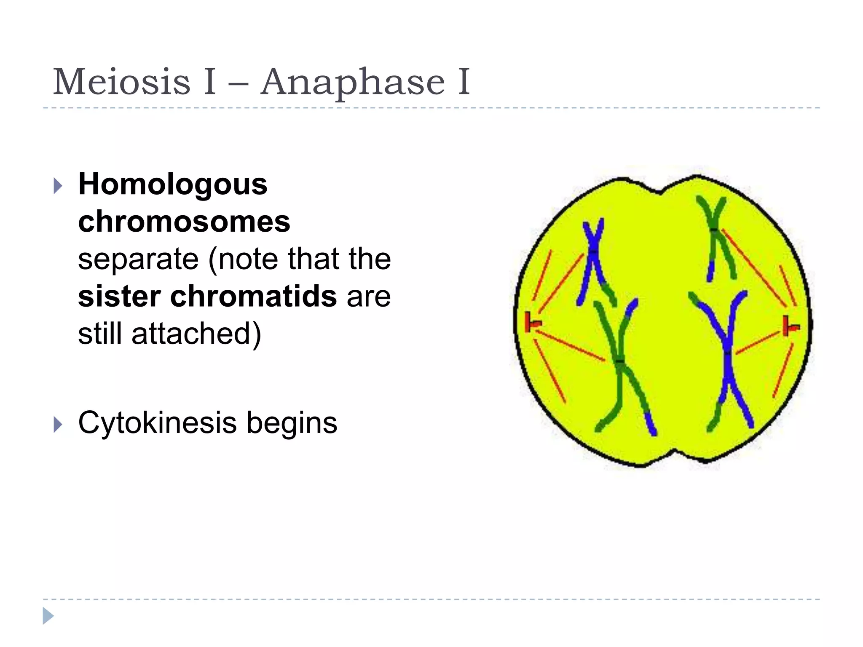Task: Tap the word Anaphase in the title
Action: (x=353, y=82)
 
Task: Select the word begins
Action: (x=292, y=423)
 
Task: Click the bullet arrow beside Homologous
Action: (x=58, y=185)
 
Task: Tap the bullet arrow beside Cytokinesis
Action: (x=58, y=424)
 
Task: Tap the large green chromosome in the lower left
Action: (x=619, y=362)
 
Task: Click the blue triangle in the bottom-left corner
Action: (x=48, y=616)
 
